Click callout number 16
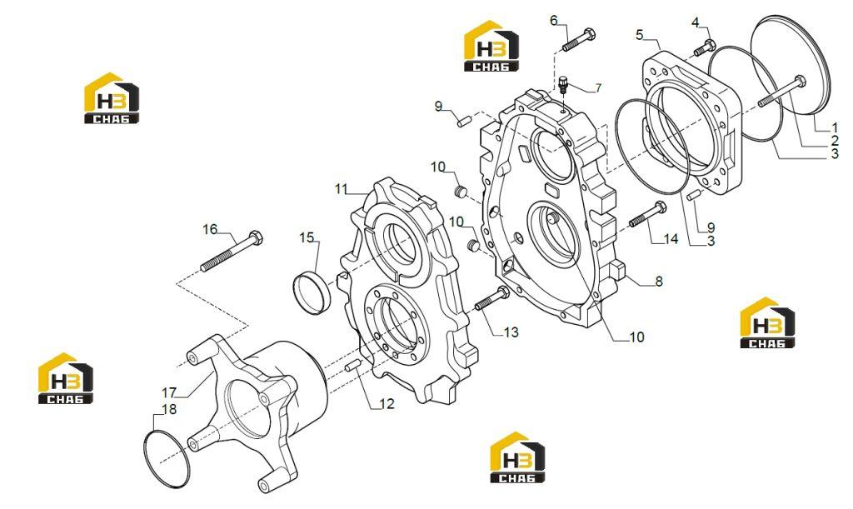click(210, 229)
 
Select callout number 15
click(307, 237)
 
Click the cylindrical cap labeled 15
click(311, 287)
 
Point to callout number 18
click(170, 409)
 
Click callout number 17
click(169, 392)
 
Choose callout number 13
click(511, 332)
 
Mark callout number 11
click(341, 189)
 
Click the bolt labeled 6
click(579, 39)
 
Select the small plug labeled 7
click(564, 85)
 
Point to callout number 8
click(659, 281)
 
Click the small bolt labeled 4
click(705, 47)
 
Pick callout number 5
click(639, 35)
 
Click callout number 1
click(835, 127)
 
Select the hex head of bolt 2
click(799, 82)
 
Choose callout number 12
click(387, 404)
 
